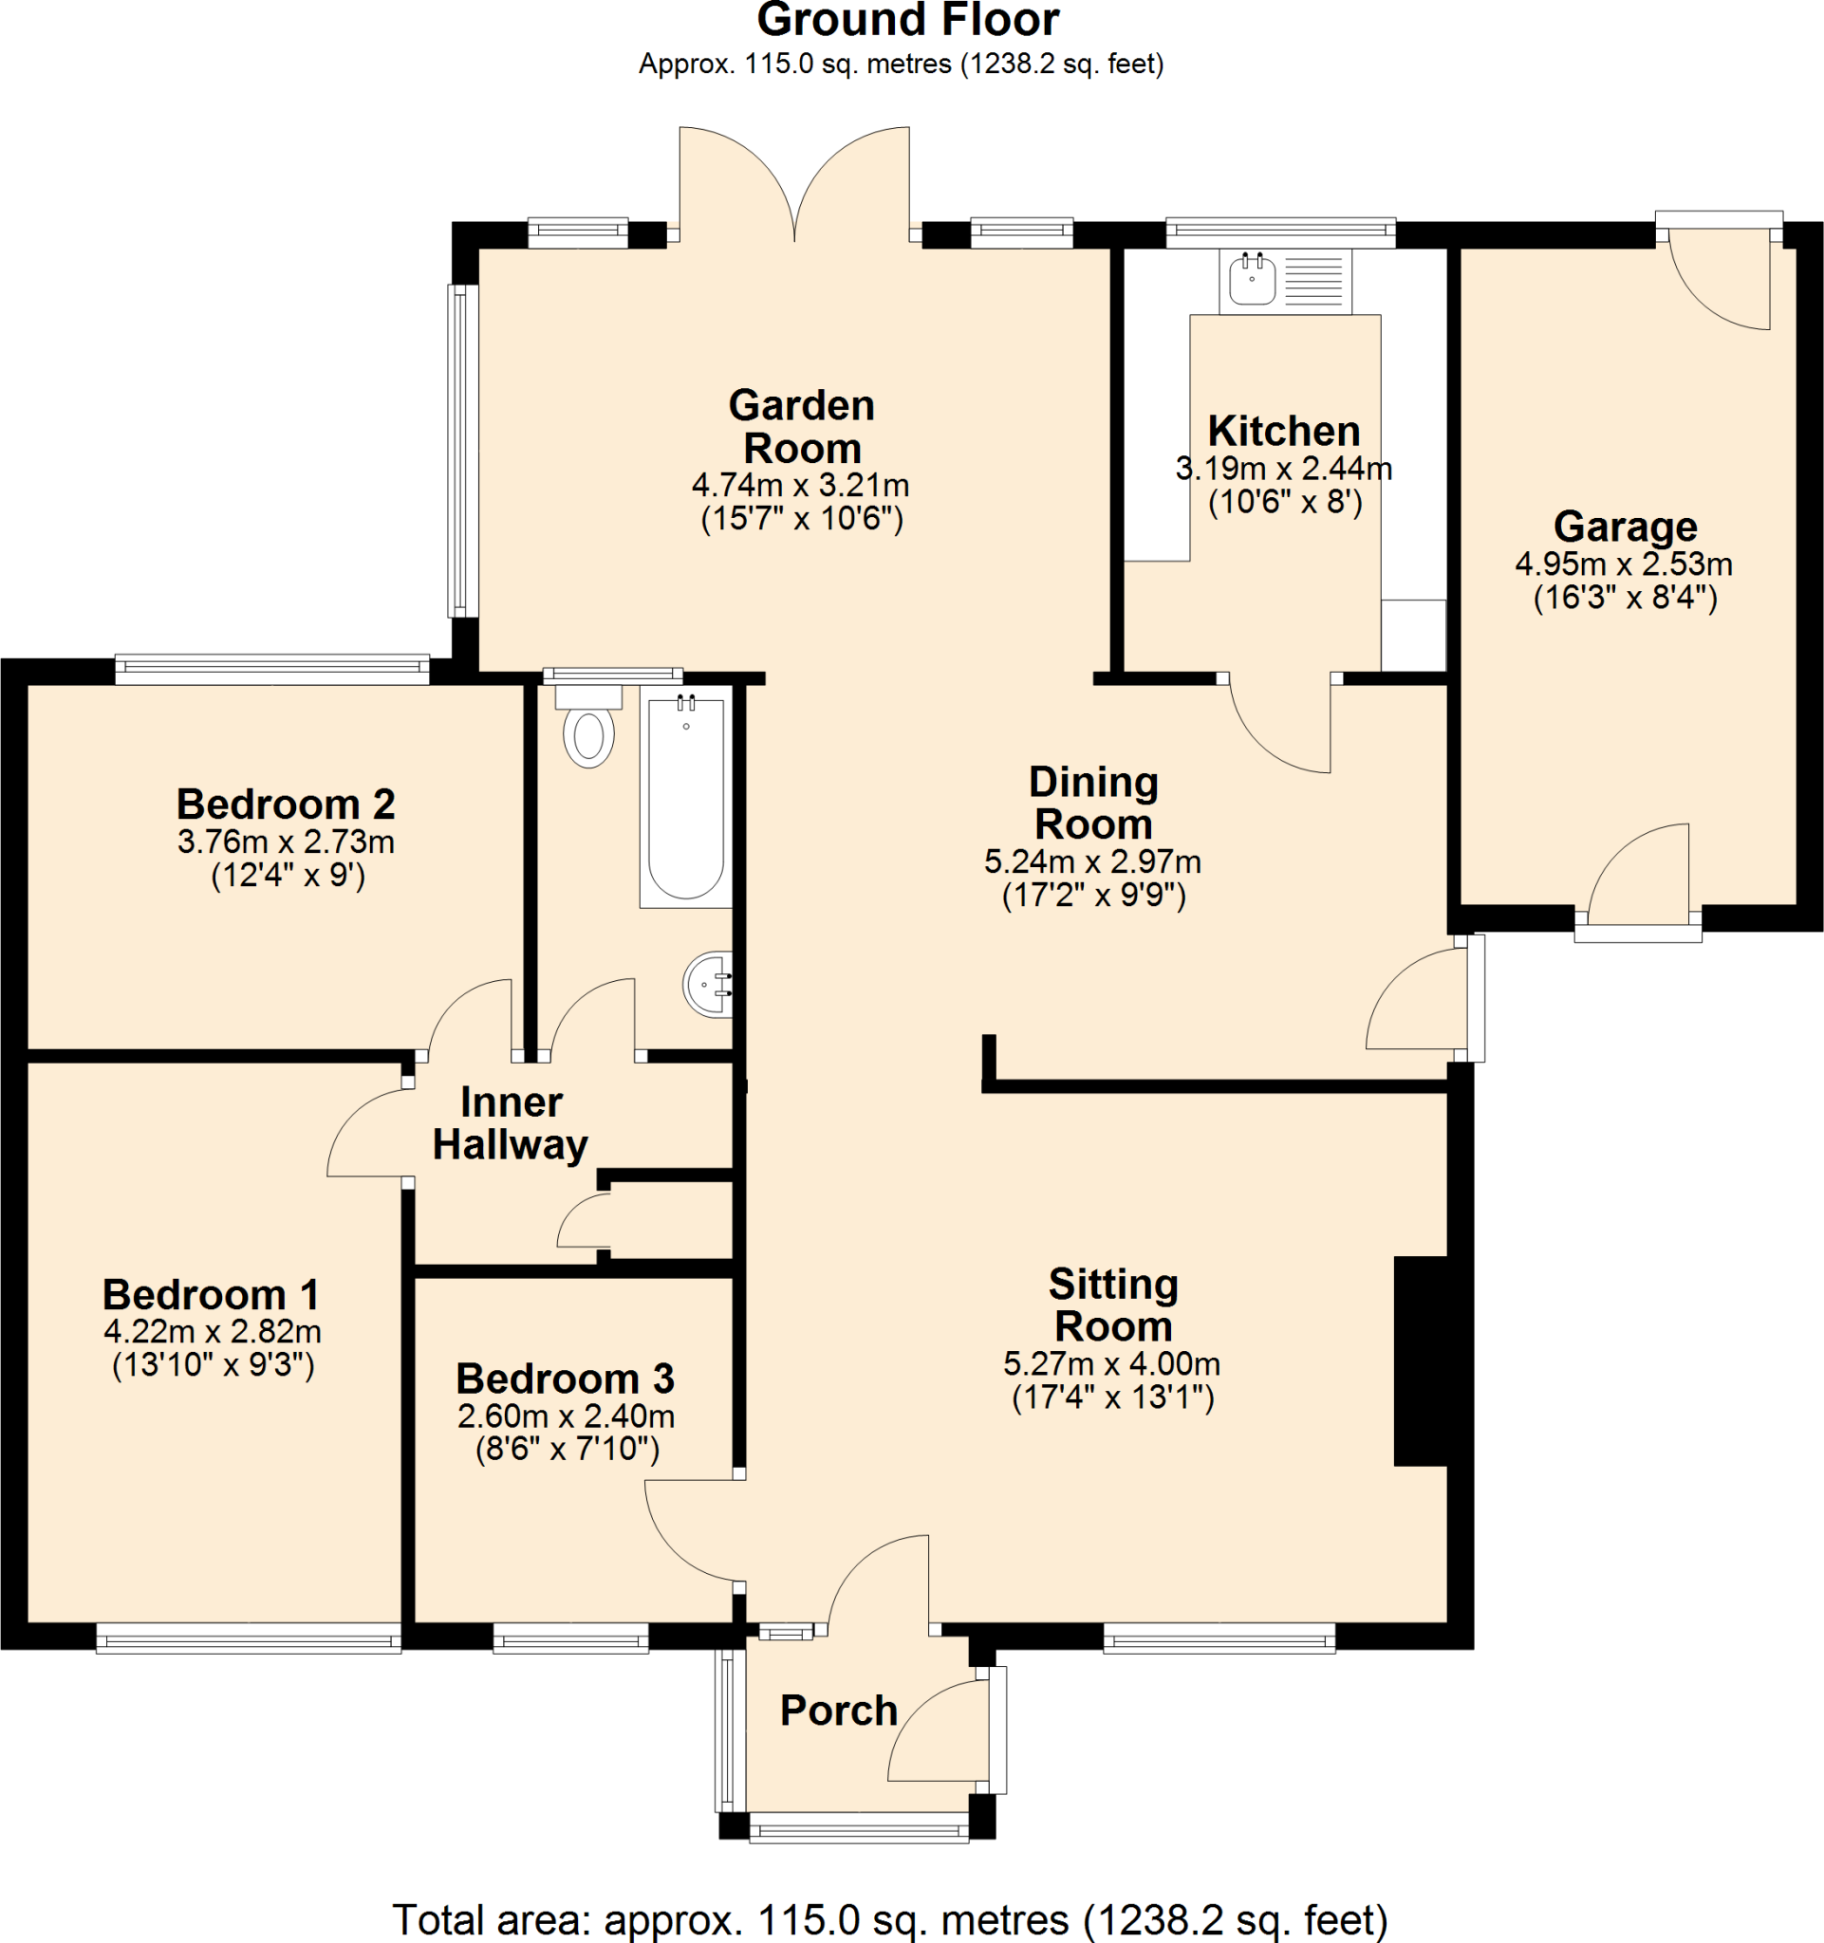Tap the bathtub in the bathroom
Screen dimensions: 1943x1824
click(x=685, y=797)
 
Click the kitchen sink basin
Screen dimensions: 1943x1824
click(x=1252, y=280)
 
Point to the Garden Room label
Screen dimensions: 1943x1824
click(x=802, y=427)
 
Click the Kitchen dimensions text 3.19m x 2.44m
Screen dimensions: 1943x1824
click(x=1283, y=469)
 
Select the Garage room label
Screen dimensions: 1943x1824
click(x=1625, y=527)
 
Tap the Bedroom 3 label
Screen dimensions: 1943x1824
click(x=565, y=1379)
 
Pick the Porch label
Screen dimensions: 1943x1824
click(x=839, y=1711)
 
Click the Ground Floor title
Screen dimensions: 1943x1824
click(x=908, y=22)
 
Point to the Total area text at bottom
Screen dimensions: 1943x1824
click(x=889, y=1919)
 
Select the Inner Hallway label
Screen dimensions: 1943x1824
click(x=511, y=1123)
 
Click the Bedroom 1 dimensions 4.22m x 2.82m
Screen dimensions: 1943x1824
click(x=213, y=1331)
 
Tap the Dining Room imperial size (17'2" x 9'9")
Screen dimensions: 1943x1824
click(x=1094, y=896)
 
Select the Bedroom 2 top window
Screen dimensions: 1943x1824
click(x=271, y=669)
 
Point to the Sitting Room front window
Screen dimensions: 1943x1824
click(x=1219, y=1638)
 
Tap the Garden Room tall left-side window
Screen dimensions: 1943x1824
click(x=463, y=451)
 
